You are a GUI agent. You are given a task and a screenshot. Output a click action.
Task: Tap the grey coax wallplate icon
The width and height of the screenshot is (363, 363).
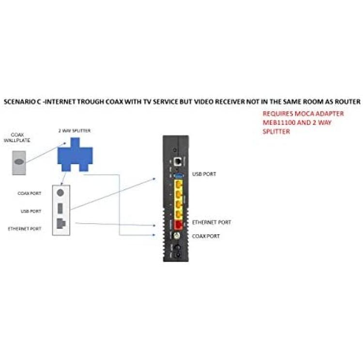19,163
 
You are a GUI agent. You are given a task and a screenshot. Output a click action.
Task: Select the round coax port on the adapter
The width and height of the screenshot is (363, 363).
60,193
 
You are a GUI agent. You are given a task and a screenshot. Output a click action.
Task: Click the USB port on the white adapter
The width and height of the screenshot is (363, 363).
60,208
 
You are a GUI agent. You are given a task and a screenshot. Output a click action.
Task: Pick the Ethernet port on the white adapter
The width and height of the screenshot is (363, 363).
61,224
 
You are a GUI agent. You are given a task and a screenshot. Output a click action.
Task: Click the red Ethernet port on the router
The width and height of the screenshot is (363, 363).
178,224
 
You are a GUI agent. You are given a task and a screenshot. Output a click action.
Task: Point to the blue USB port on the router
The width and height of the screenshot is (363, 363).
178,176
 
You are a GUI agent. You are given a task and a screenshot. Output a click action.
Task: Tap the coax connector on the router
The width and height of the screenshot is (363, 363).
177,236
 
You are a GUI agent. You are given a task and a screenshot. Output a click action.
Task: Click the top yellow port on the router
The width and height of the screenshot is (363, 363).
179,185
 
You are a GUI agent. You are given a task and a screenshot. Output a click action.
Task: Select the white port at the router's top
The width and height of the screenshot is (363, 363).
178,161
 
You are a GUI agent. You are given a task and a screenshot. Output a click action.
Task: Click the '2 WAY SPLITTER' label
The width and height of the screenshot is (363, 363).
75,131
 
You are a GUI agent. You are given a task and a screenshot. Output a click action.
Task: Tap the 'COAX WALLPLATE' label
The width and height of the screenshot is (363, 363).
17,137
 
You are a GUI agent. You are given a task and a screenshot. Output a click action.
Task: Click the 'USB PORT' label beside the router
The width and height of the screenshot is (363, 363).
204,174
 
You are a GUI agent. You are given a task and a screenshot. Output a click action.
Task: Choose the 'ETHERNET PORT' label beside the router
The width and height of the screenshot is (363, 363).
212,222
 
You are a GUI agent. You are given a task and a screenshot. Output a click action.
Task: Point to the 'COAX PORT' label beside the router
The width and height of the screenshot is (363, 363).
206,236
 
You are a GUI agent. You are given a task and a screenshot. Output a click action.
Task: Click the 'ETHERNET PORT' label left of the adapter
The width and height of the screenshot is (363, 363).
25,229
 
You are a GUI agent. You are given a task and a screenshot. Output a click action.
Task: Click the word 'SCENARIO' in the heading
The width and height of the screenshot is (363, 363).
19,102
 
